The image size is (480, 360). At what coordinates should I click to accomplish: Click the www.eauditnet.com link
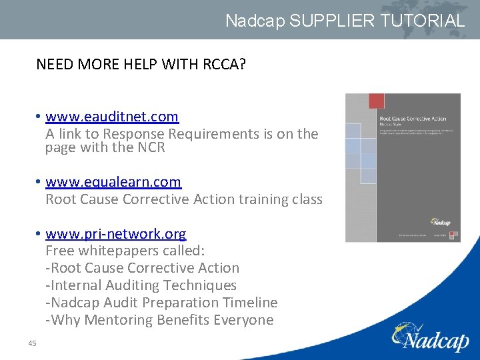pyautogui.click(x=112, y=117)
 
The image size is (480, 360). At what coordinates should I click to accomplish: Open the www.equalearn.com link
pyautogui.click(x=113, y=182)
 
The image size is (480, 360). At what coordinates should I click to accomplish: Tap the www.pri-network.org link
pyautogui.click(x=116, y=234)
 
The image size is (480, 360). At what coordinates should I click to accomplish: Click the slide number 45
pyautogui.click(x=32, y=343)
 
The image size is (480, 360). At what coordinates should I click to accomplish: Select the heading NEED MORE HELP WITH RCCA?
pyautogui.click(x=141, y=64)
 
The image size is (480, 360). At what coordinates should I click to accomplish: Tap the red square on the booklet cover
pyautogui.click(x=376, y=101)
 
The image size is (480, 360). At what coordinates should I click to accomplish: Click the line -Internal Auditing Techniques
pyautogui.click(x=141, y=285)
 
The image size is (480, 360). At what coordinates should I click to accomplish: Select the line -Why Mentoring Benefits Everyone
pyautogui.click(x=159, y=320)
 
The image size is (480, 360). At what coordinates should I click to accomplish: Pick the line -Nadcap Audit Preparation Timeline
pyautogui.click(x=161, y=303)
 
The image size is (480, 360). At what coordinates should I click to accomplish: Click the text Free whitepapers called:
pyautogui.click(x=125, y=251)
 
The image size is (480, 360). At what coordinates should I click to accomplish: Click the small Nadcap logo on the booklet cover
pyautogui.click(x=440, y=222)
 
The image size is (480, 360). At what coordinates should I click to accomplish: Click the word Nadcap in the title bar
pyautogui.click(x=255, y=21)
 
